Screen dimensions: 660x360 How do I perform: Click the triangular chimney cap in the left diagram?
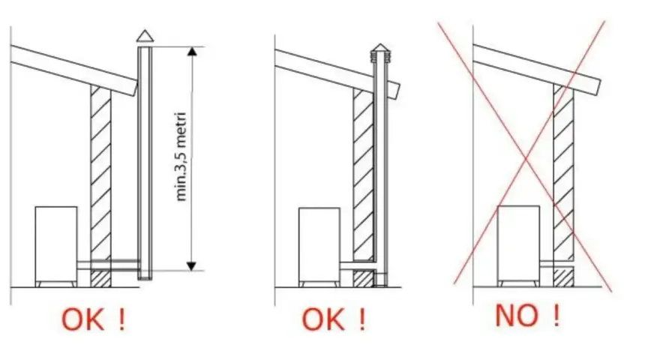coord(145,37)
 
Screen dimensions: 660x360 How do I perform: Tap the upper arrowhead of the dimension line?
coord(192,52)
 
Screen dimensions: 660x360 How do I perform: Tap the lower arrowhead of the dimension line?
coord(191,266)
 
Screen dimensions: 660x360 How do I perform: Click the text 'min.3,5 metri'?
coord(181,157)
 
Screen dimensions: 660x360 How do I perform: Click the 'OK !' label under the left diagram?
coord(94,320)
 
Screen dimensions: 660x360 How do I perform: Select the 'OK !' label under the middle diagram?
coord(334,320)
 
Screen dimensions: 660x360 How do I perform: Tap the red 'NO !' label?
coord(528,316)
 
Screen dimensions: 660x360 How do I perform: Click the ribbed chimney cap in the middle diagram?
coord(380,53)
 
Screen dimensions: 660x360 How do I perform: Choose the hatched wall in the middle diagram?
coord(363,187)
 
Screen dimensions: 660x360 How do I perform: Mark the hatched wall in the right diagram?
coord(563,185)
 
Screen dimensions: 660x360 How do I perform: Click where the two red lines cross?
coord(526,159)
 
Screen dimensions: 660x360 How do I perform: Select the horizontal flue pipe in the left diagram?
coord(109,265)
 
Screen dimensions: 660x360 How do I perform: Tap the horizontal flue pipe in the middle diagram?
coord(357,266)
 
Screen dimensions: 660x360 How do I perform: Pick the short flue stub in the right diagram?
coord(556,264)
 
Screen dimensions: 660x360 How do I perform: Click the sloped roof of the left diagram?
coord(74,70)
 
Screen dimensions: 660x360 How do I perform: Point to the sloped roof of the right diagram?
coord(537,69)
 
